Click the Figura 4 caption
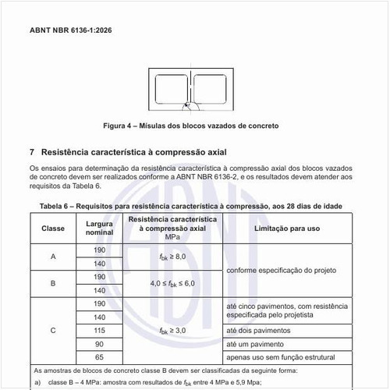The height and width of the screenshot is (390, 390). click(191, 126)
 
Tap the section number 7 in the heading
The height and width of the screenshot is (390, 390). click(32, 151)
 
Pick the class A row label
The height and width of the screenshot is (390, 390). click(53, 257)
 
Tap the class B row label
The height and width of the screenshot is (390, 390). click(53, 284)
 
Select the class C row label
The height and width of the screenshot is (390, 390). click(53, 331)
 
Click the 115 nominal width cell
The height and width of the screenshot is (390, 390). click(99, 331)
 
